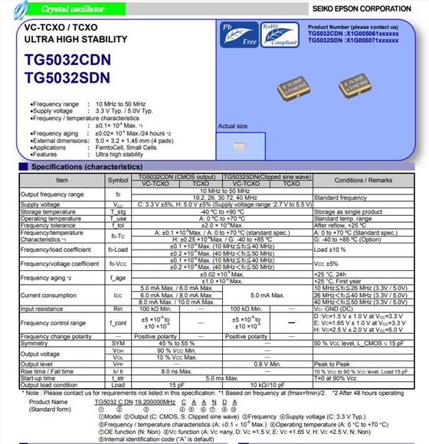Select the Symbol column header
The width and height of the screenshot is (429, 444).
pos(118,180)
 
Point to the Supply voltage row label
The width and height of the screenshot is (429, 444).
pos(40,205)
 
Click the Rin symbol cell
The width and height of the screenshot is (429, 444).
pos(118,308)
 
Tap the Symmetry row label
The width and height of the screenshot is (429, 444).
pos(35,344)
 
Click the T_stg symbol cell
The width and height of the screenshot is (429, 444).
pos(118,211)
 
